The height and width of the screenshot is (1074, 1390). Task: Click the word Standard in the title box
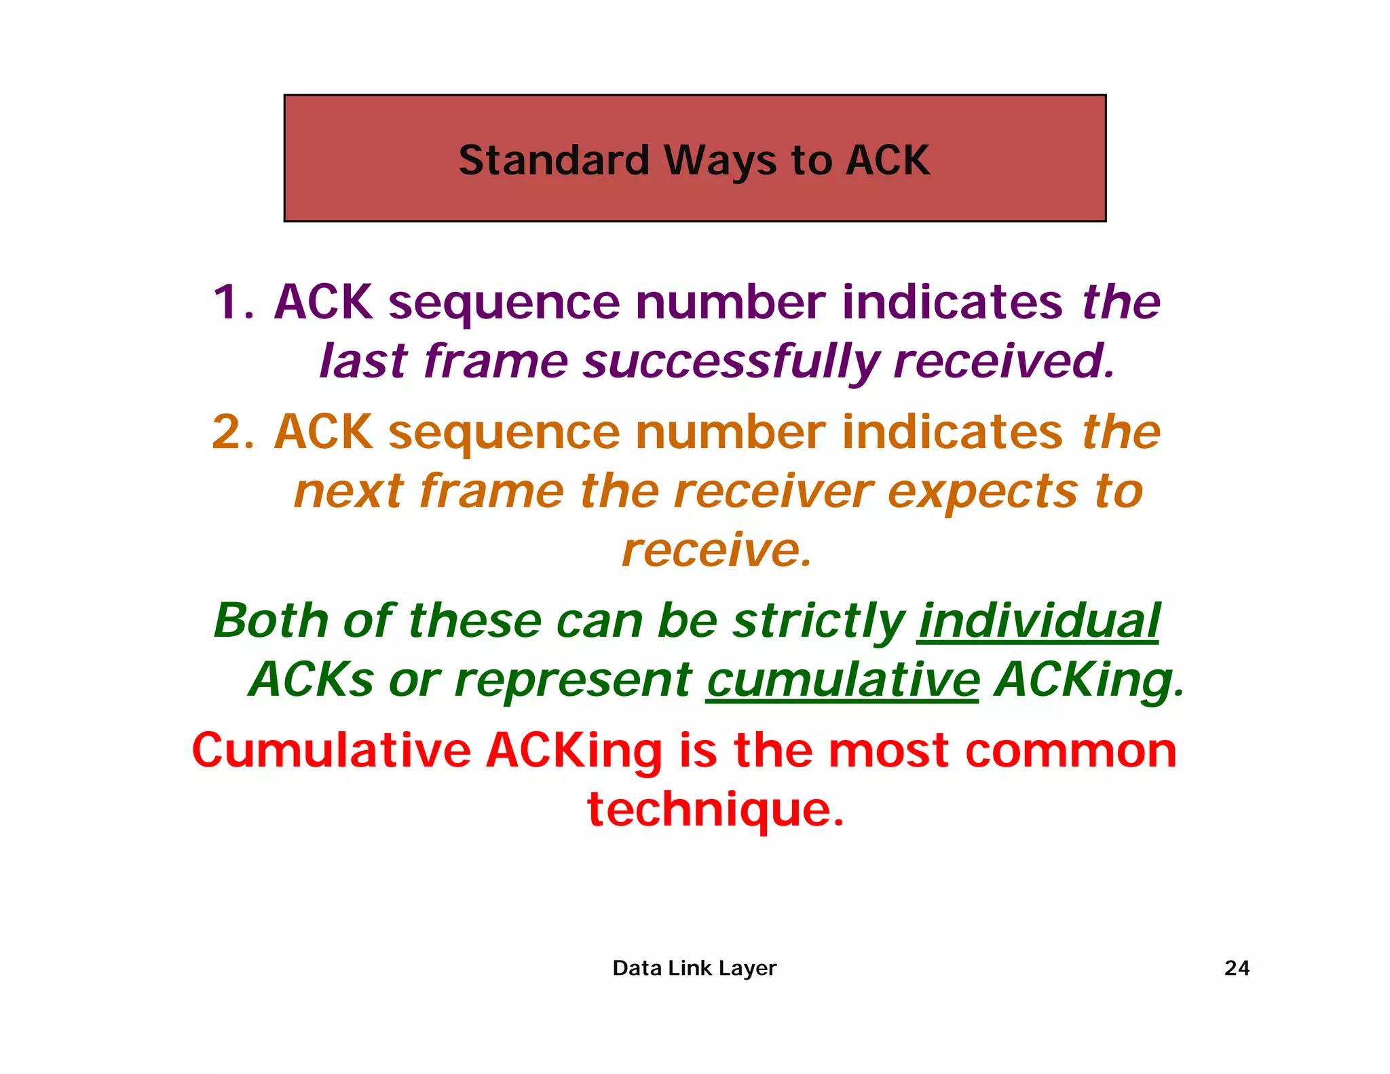554,160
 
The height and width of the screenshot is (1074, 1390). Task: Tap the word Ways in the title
719,162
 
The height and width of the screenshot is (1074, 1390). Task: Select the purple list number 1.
232,301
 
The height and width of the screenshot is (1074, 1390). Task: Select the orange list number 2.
232,431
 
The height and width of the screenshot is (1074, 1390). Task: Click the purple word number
730,301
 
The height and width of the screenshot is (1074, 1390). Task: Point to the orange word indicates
952,431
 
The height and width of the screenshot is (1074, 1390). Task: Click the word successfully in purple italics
732,361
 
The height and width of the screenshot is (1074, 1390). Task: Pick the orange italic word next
349,491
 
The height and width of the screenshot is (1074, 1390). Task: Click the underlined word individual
1038,621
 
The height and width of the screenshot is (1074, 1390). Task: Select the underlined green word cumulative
842,680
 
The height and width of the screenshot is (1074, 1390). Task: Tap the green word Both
271,621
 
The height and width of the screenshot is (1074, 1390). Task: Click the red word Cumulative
331,750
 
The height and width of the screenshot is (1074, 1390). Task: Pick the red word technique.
715,810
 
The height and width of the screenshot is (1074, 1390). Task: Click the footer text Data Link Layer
694,967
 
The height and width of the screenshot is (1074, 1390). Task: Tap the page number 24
1237,967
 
